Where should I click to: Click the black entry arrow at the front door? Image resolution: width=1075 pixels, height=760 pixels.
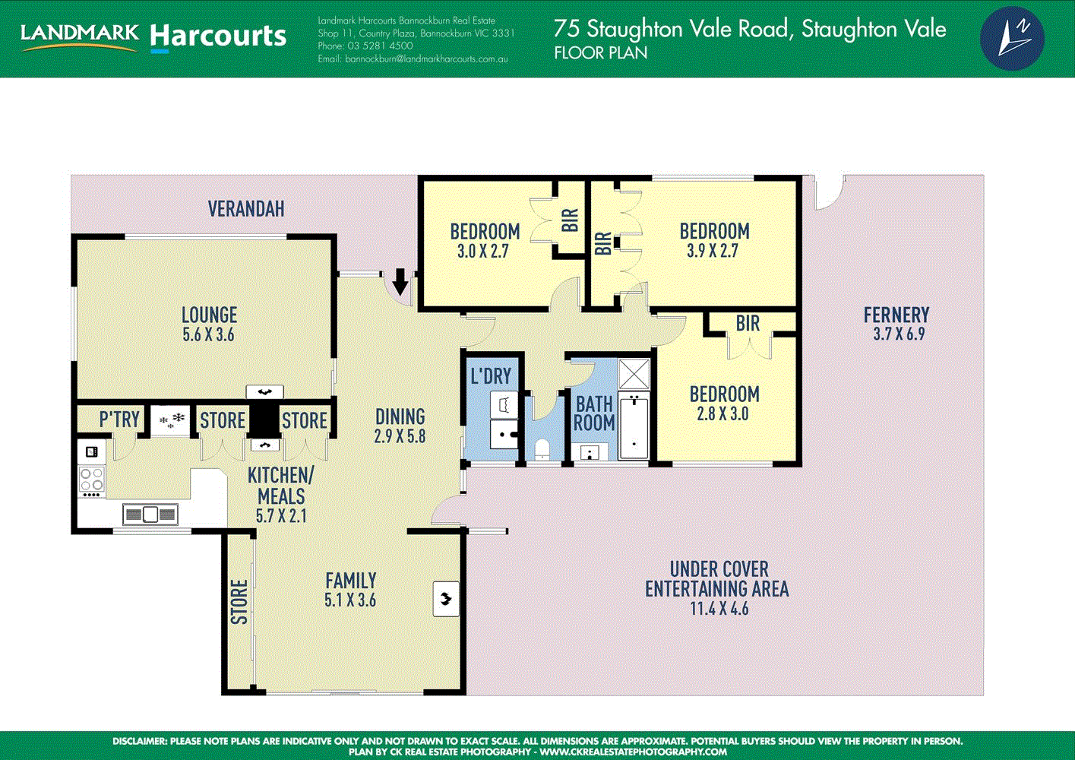tap(400, 283)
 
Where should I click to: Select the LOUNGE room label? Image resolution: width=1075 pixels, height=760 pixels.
tap(209, 315)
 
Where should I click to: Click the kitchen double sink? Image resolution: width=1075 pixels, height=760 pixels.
tap(150, 515)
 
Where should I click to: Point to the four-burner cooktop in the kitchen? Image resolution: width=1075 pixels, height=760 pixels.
tap(92, 480)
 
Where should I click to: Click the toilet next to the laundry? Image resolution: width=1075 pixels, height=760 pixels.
tap(542, 451)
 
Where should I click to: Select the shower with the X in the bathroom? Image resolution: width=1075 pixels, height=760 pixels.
tap(634, 374)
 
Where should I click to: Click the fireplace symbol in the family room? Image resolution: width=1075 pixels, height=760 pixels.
tap(446, 599)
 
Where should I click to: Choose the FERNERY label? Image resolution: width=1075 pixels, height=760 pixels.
tap(896, 315)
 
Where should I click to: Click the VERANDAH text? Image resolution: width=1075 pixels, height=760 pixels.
tap(246, 208)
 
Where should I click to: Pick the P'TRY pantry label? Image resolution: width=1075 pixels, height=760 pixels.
tap(119, 420)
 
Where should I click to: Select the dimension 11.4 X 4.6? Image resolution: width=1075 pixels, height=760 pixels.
tap(719, 609)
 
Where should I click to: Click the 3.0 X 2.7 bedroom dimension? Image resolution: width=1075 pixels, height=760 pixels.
tap(483, 251)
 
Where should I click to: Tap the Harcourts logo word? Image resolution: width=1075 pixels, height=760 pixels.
tap(218, 36)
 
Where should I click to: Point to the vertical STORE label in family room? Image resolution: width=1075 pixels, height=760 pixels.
tap(239, 602)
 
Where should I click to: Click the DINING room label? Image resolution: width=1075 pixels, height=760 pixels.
tap(400, 416)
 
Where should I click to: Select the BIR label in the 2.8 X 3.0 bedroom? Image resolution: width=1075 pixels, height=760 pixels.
tap(748, 324)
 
